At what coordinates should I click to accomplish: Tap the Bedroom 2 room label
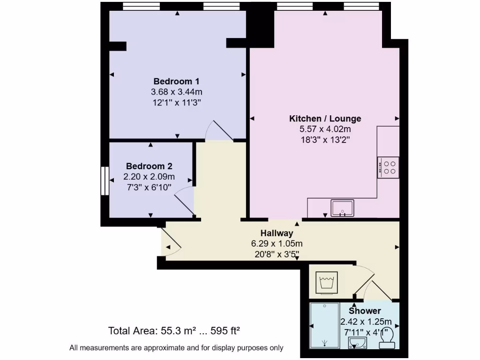click(149, 166)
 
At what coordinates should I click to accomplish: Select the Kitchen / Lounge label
click(325, 119)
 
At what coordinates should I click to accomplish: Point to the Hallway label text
click(277, 233)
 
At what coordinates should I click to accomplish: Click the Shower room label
click(365, 311)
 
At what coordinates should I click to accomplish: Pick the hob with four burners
click(389, 167)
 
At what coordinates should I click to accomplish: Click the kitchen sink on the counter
click(343, 208)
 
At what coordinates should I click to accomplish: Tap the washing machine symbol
click(326, 283)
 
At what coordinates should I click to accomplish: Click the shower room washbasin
click(358, 344)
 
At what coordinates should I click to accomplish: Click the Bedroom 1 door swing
click(219, 131)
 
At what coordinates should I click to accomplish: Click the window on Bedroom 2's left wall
click(105, 180)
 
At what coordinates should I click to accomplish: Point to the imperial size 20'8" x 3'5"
click(277, 254)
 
